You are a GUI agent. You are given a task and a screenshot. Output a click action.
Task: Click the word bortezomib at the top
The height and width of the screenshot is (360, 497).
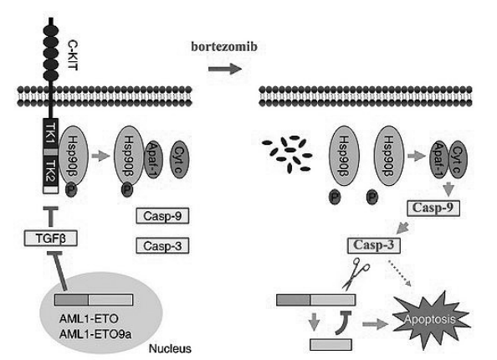click(x=224, y=47)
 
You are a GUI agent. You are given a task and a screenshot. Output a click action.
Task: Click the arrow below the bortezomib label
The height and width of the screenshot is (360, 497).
click(x=225, y=69)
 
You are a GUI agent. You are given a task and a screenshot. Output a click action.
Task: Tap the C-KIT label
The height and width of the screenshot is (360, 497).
click(x=73, y=55)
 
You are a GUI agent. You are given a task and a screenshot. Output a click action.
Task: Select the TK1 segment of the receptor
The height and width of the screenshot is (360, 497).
click(x=51, y=133)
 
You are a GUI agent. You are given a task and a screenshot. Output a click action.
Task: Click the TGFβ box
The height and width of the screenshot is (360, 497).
click(x=51, y=239)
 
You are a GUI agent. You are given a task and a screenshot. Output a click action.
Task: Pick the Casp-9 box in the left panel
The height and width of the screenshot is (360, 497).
click(x=162, y=216)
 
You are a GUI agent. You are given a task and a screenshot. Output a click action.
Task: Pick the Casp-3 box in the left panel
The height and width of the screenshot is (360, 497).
click(x=162, y=246)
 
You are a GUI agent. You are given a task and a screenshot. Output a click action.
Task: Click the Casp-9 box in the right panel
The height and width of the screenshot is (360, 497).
click(x=433, y=208)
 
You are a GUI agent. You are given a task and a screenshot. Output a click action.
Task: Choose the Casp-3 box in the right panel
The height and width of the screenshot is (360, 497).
click(x=374, y=245)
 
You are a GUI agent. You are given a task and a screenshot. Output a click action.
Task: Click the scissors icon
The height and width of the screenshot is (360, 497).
click(x=356, y=274)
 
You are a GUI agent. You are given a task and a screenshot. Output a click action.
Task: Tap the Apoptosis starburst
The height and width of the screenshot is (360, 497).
click(x=430, y=320)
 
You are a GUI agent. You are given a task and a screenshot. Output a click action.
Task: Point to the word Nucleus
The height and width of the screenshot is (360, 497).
click(x=170, y=348)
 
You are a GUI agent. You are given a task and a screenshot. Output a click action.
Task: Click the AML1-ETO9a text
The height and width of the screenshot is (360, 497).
click(x=95, y=334)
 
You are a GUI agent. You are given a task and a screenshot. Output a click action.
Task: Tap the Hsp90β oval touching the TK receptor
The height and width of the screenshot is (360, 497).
click(x=74, y=156)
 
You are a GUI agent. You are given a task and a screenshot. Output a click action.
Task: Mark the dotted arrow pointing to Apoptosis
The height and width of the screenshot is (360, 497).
click(x=400, y=274)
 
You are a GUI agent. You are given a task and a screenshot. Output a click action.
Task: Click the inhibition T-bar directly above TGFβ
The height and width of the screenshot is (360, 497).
click(x=51, y=217)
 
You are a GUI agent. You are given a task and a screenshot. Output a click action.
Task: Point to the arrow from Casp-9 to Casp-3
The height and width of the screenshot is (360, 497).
click(x=402, y=228)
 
